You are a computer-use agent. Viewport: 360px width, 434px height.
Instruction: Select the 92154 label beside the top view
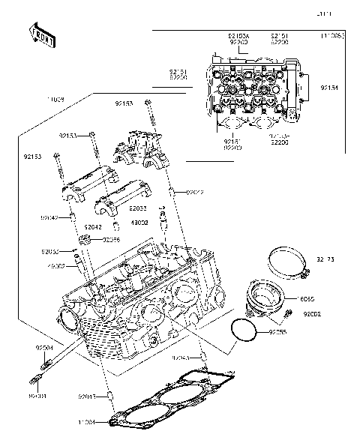pyautogui.click(x=330, y=88)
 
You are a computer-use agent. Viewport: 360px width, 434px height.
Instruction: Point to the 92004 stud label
pyautogui.click(x=44, y=349)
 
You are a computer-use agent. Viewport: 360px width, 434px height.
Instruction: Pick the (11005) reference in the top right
pyautogui.click(x=333, y=35)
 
